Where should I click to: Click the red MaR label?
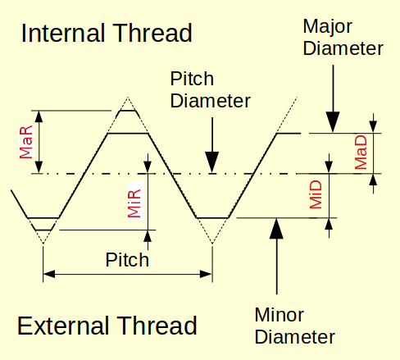27,142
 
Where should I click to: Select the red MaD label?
361,153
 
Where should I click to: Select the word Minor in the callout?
280,315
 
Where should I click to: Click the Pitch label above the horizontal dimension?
127,260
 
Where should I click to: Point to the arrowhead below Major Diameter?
332,123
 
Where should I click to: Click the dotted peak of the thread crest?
127,98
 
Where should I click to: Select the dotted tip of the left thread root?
43,243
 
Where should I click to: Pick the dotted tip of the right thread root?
212,243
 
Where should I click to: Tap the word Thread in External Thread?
158,326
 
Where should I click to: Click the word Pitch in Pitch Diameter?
192,80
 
